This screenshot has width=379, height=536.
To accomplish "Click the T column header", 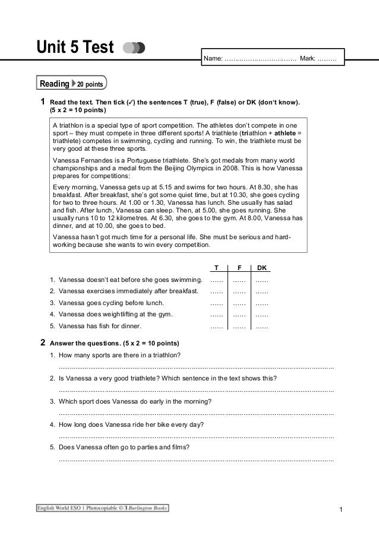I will click(x=216, y=267).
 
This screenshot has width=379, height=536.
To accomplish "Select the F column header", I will click(x=239, y=267).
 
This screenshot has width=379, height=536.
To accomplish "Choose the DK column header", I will click(x=261, y=267).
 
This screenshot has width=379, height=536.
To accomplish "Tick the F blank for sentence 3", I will click(x=239, y=303).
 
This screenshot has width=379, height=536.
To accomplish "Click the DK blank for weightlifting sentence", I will click(x=261, y=315).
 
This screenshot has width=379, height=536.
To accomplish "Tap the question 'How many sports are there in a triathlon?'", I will click(x=119, y=356).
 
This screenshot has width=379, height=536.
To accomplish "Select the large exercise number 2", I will click(x=42, y=343).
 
